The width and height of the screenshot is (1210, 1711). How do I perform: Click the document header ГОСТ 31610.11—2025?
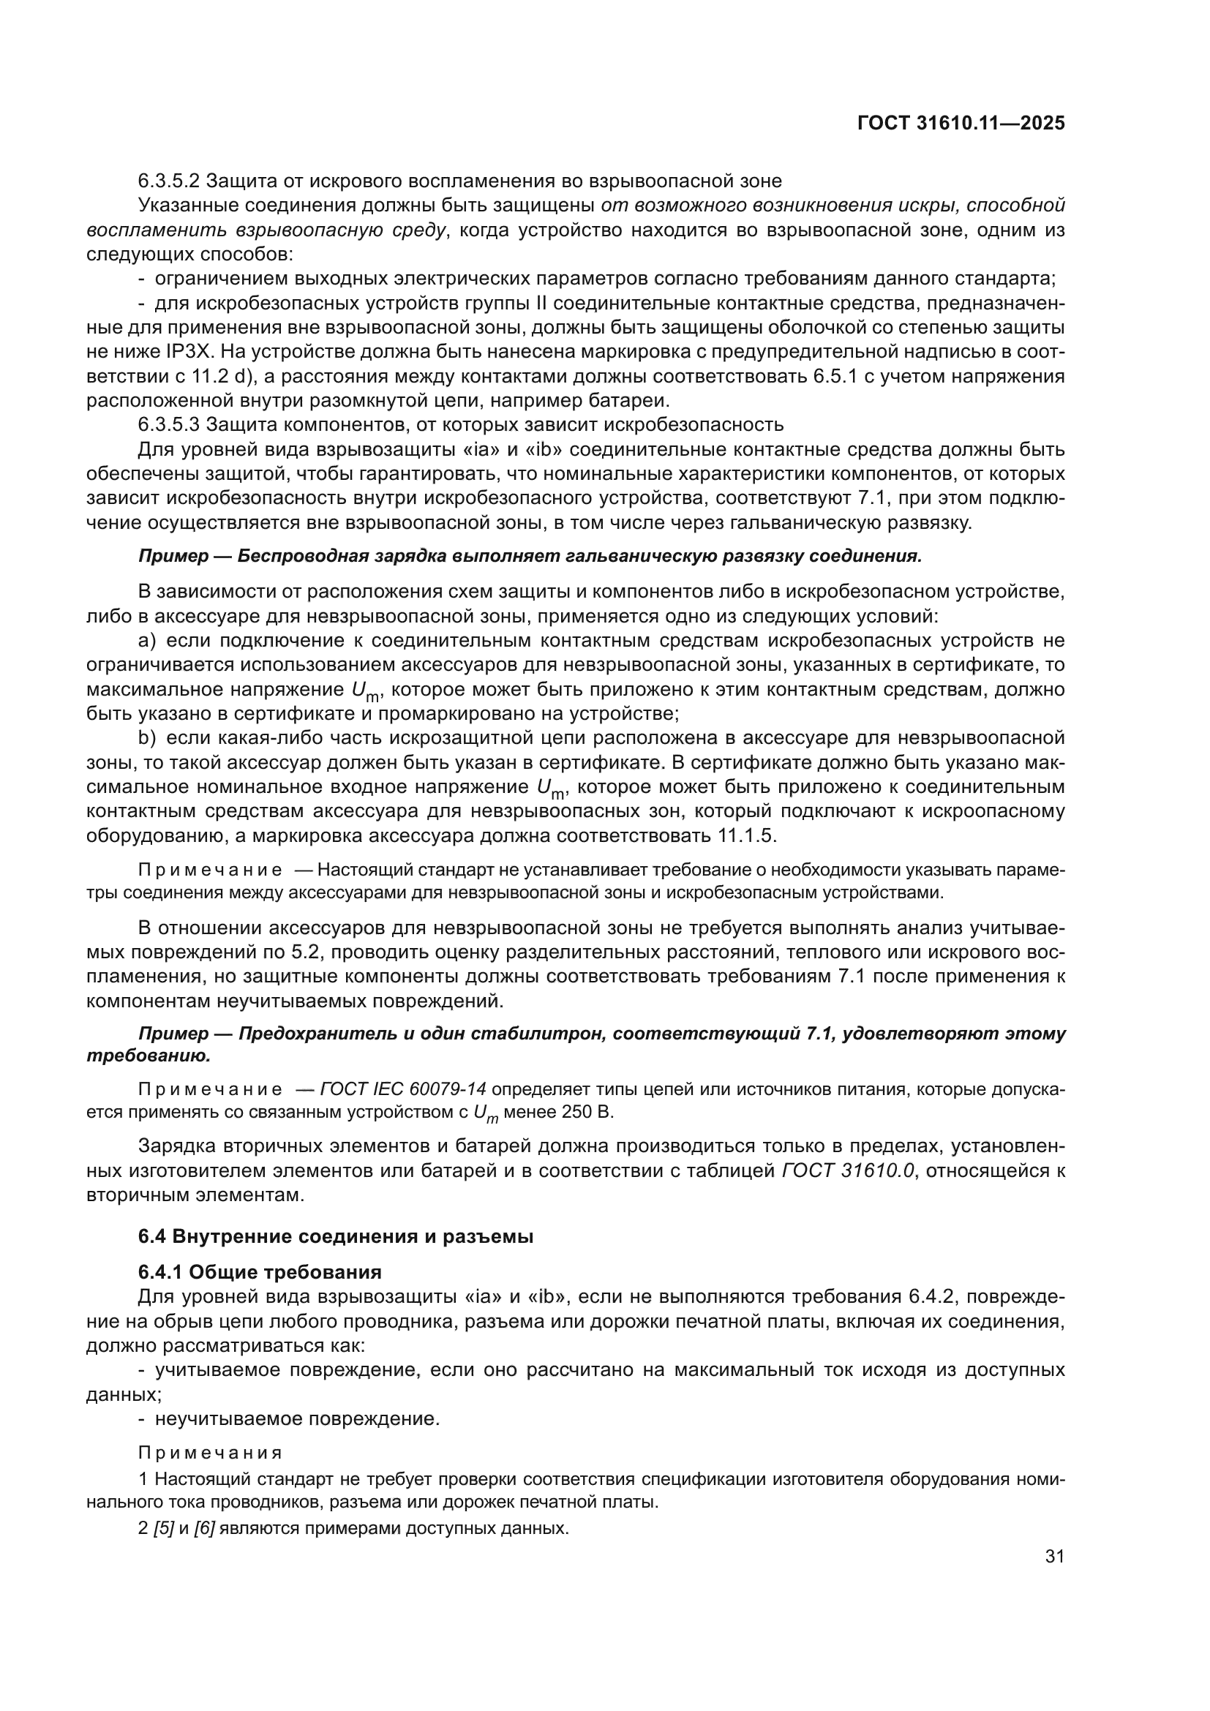pyautogui.click(x=961, y=123)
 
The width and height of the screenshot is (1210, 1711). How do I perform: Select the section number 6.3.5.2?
pyautogui.click(x=168, y=181)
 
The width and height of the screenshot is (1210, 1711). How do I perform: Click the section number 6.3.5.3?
pyautogui.click(x=168, y=425)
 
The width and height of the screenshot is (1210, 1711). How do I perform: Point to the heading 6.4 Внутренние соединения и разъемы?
pyautogui.click(x=335, y=1236)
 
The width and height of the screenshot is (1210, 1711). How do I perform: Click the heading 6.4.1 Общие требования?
pyautogui.click(x=260, y=1271)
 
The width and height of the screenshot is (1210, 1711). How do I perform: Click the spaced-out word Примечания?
pyautogui.click(x=210, y=1454)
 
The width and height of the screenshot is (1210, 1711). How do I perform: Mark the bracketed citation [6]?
pyautogui.click(x=204, y=1529)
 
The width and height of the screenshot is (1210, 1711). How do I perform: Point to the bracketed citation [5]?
pyautogui.click(x=163, y=1529)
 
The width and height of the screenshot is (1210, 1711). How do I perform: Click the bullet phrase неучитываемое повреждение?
pyautogui.click(x=297, y=1419)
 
